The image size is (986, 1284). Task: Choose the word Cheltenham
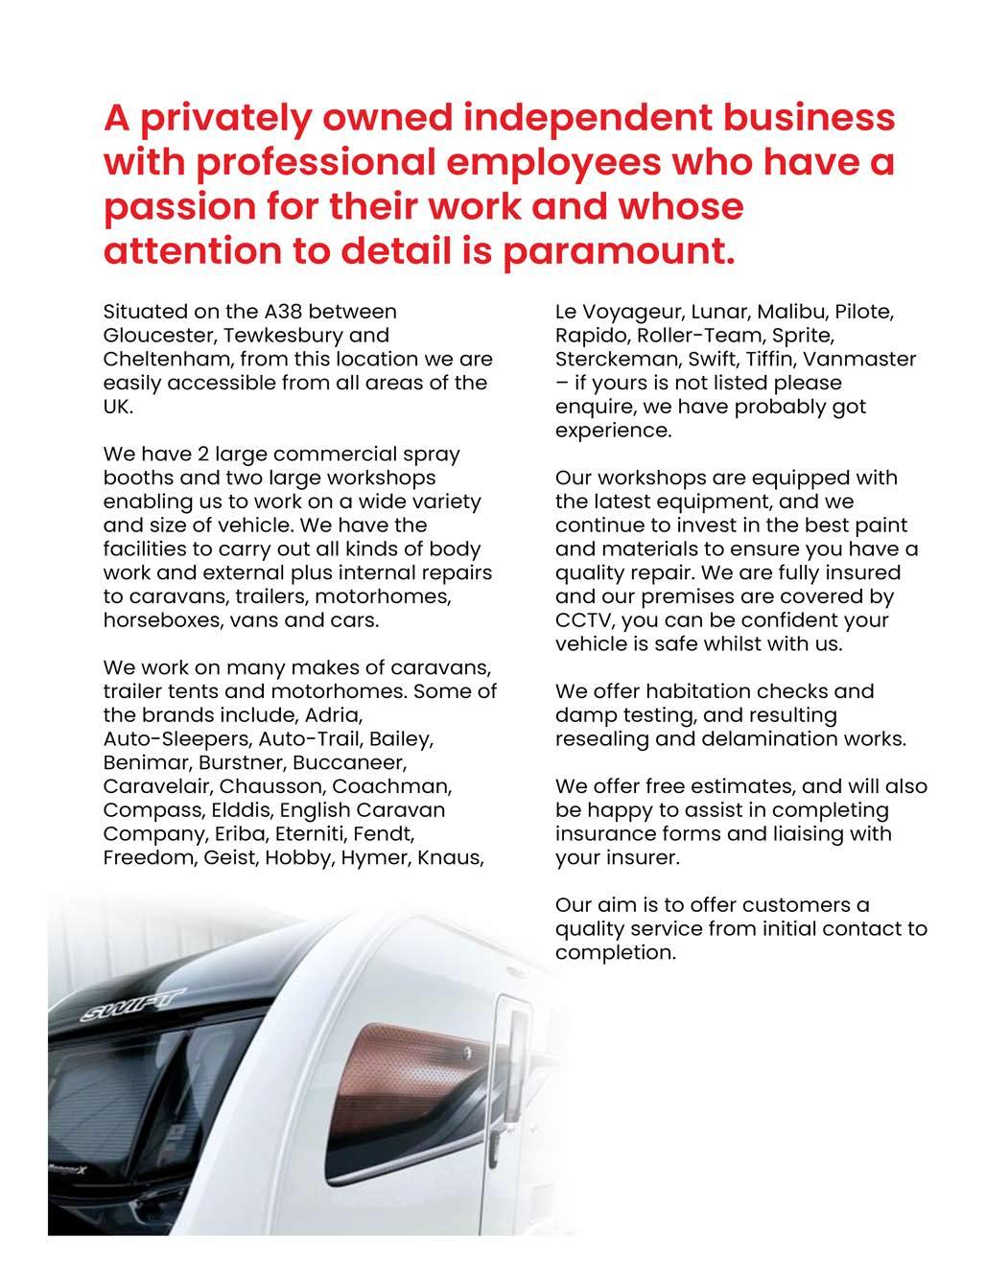coord(166,360)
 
